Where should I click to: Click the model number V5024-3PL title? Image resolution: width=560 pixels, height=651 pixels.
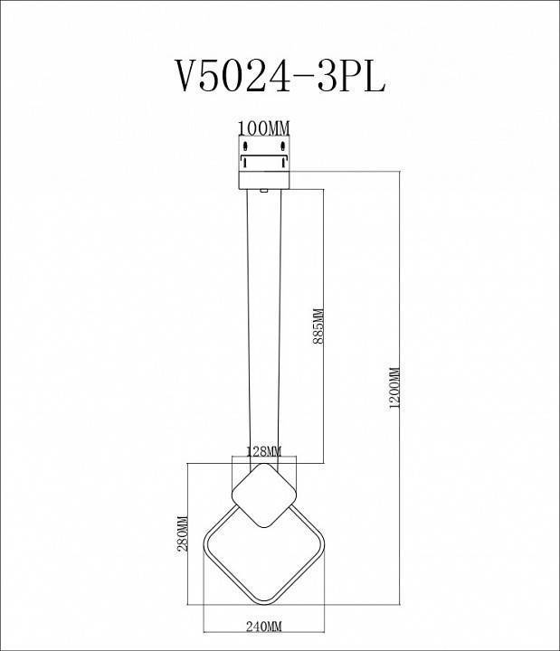point(280,77)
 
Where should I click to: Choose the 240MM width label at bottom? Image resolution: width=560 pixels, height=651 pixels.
point(263,626)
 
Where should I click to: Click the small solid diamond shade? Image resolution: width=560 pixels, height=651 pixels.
point(263,492)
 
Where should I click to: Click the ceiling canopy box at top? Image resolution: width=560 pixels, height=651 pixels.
point(263,163)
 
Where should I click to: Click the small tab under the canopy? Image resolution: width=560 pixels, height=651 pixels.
point(263,191)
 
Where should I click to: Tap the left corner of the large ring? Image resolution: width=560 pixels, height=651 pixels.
point(204,544)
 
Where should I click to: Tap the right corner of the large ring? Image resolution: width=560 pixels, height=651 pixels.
point(322,544)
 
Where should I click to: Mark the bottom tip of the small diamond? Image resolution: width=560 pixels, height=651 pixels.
point(263,522)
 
